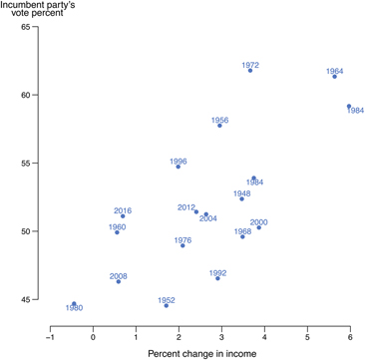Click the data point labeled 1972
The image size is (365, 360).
pos(250,71)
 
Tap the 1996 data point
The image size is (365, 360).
pos(179,167)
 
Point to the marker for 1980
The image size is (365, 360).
pos(74,303)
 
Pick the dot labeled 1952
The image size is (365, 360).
pos(167,305)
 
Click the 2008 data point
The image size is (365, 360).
pos(119,281)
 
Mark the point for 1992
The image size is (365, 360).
pos(217,278)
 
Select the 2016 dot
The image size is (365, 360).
pos(123,216)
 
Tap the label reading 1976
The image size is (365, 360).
pos(182,239)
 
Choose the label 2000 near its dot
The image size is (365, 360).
pos(258,221)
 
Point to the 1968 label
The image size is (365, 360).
pos(242,230)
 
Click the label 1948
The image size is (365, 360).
pos(242,193)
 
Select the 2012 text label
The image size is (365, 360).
pos(186,207)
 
